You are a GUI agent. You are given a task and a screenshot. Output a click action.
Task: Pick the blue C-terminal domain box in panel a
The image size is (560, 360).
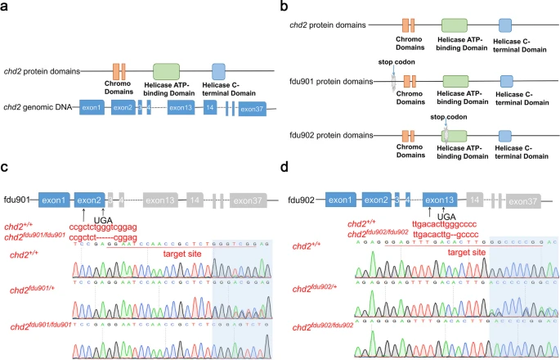point(217,70)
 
